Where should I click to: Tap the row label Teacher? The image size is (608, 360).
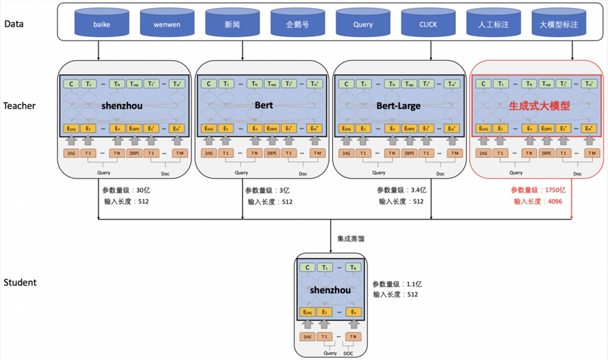(19, 106)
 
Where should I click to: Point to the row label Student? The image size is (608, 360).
(19, 282)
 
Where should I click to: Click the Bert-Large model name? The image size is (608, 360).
(398, 106)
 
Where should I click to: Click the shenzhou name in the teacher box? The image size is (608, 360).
(124, 106)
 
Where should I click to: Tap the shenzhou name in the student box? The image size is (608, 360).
(330, 290)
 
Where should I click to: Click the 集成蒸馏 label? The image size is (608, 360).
(351, 239)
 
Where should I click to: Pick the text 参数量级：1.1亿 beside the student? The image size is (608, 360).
(397, 283)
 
